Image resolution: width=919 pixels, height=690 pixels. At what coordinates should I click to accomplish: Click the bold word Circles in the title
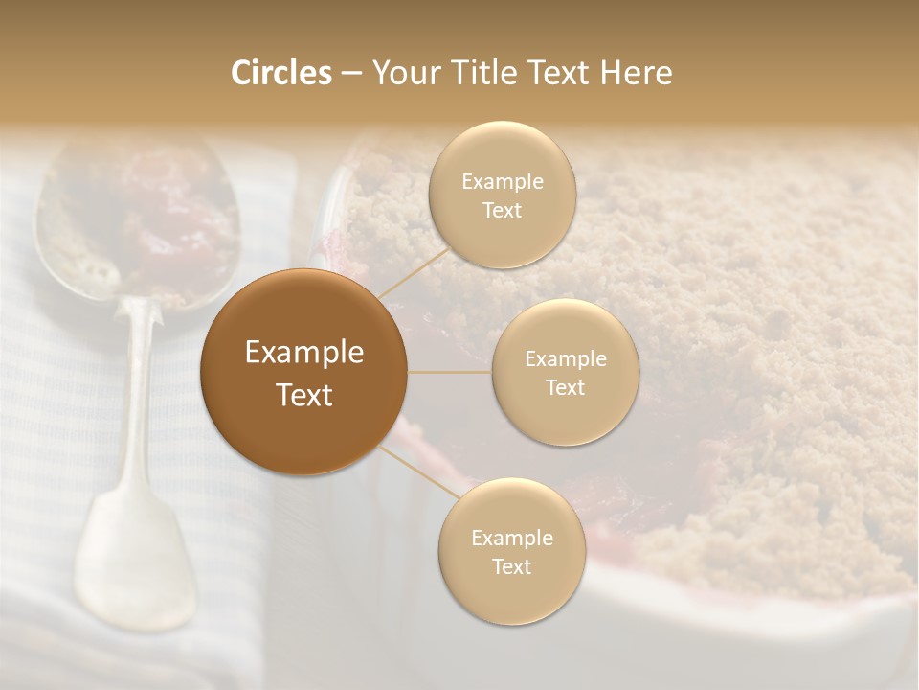[281, 73]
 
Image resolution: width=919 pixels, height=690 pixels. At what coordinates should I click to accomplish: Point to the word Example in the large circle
[304, 353]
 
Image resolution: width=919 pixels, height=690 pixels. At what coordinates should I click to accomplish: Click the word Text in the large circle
[304, 395]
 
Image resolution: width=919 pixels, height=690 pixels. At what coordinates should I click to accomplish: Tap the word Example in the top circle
[503, 182]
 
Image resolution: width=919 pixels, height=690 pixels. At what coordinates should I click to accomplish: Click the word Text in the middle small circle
[565, 388]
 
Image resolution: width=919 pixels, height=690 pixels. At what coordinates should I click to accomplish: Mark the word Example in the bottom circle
[511, 539]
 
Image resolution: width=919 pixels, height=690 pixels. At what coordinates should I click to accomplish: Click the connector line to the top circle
[412, 272]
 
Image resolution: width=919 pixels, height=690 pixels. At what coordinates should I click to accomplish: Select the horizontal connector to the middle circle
[450, 372]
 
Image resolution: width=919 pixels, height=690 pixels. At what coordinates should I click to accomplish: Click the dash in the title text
[351, 74]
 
